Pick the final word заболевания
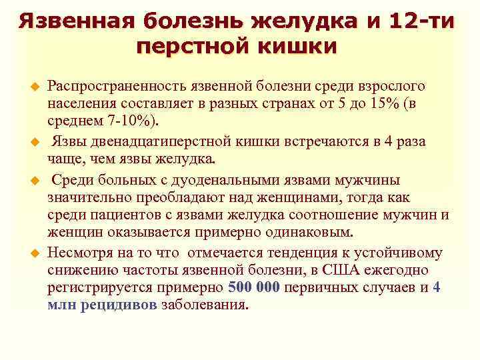tap(204, 305)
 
